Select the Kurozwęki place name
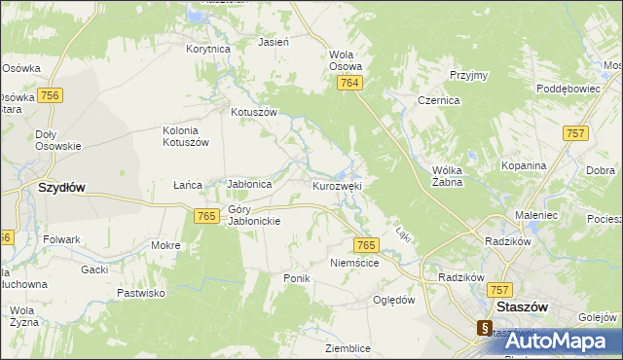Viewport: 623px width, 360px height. pos(338,185)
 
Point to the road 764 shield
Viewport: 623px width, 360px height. pos(351,85)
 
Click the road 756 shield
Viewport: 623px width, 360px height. pos(52,94)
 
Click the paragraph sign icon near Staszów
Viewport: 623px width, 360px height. pos(484,329)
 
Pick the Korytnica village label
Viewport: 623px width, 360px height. pos(207,48)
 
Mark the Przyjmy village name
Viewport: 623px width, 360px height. pos(468,75)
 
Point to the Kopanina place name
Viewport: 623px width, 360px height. pos(524,165)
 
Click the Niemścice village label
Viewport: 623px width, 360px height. pos(354,262)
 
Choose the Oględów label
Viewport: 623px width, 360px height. pos(394,300)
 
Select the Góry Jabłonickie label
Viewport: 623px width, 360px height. pos(254,215)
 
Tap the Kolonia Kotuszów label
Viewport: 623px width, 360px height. pos(185,136)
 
